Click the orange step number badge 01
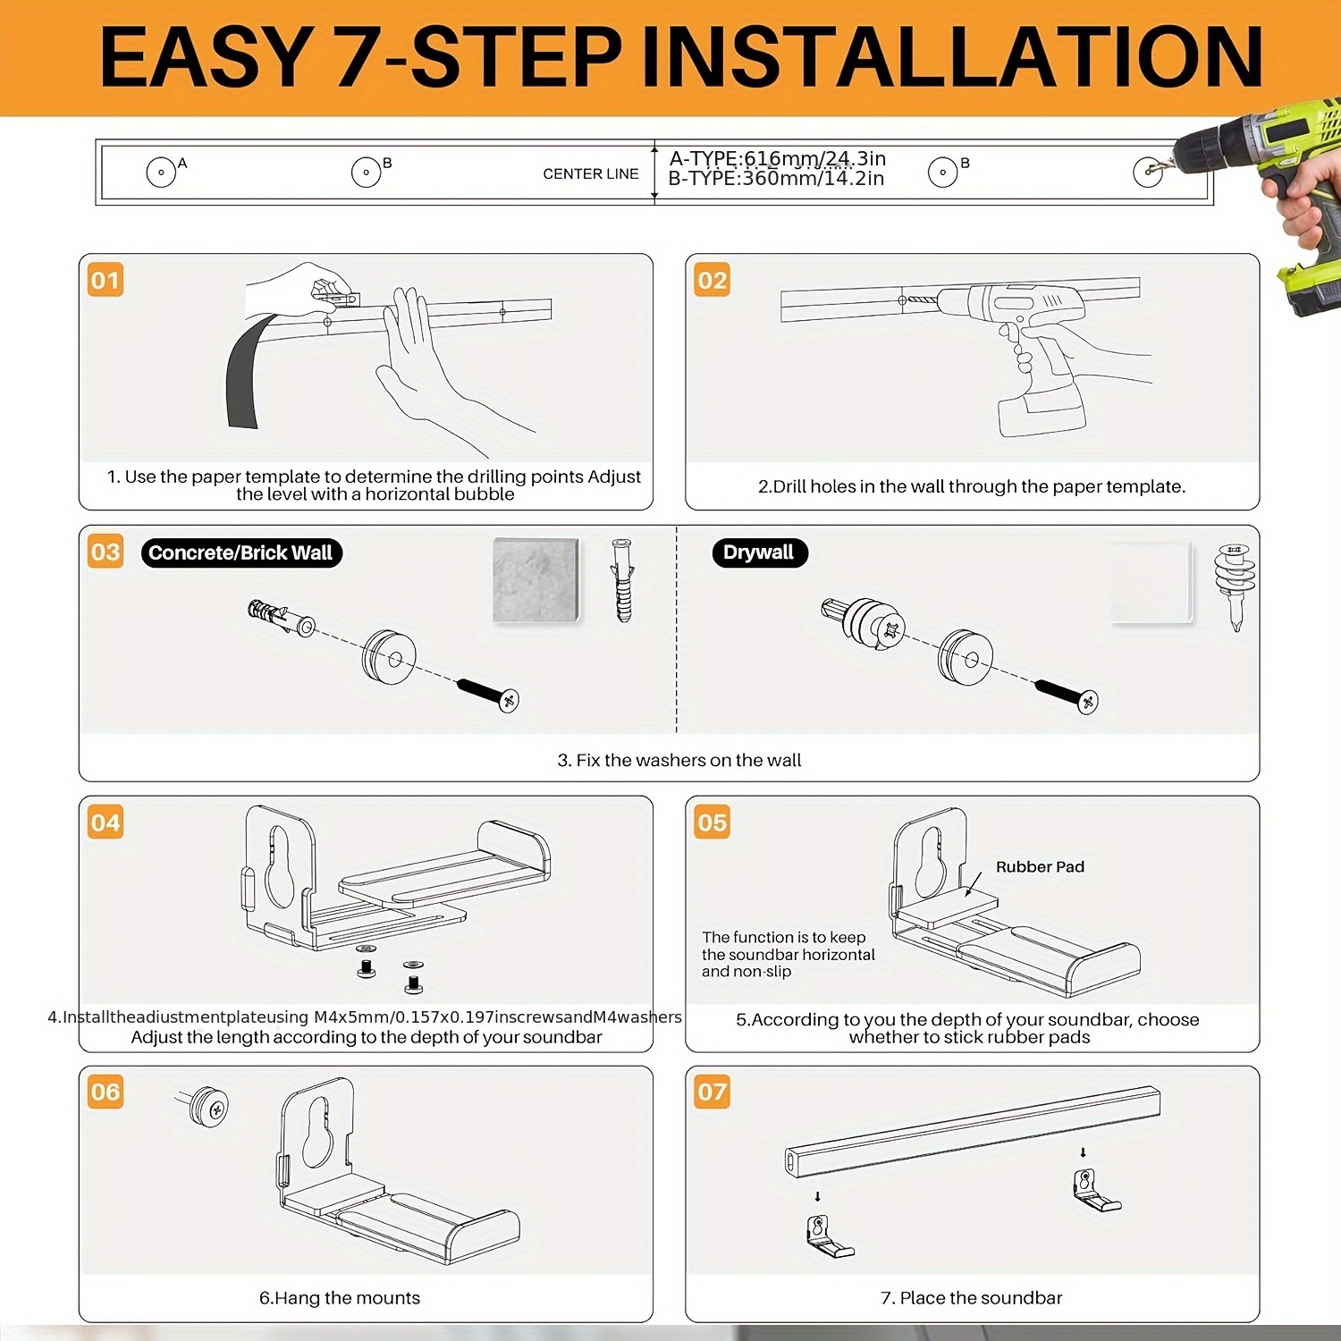(x=105, y=280)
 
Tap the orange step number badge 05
(x=712, y=822)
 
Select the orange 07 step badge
(x=712, y=1092)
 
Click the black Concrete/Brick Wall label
(x=241, y=552)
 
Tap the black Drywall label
(x=760, y=552)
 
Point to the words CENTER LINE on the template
(x=591, y=173)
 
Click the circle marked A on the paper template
(x=161, y=172)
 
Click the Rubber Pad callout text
(x=1040, y=866)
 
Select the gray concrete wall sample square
(x=536, y=580)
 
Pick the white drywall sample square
(x=1151, y=582)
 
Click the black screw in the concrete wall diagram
(x=488, y=695)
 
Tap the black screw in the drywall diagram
(x=1067, y=696)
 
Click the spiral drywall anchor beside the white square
(x=1236, y=586)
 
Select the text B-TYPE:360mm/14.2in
(x=776, y=178)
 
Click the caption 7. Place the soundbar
(x=972, y=1297)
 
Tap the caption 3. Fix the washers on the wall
(x=679, y=760)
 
